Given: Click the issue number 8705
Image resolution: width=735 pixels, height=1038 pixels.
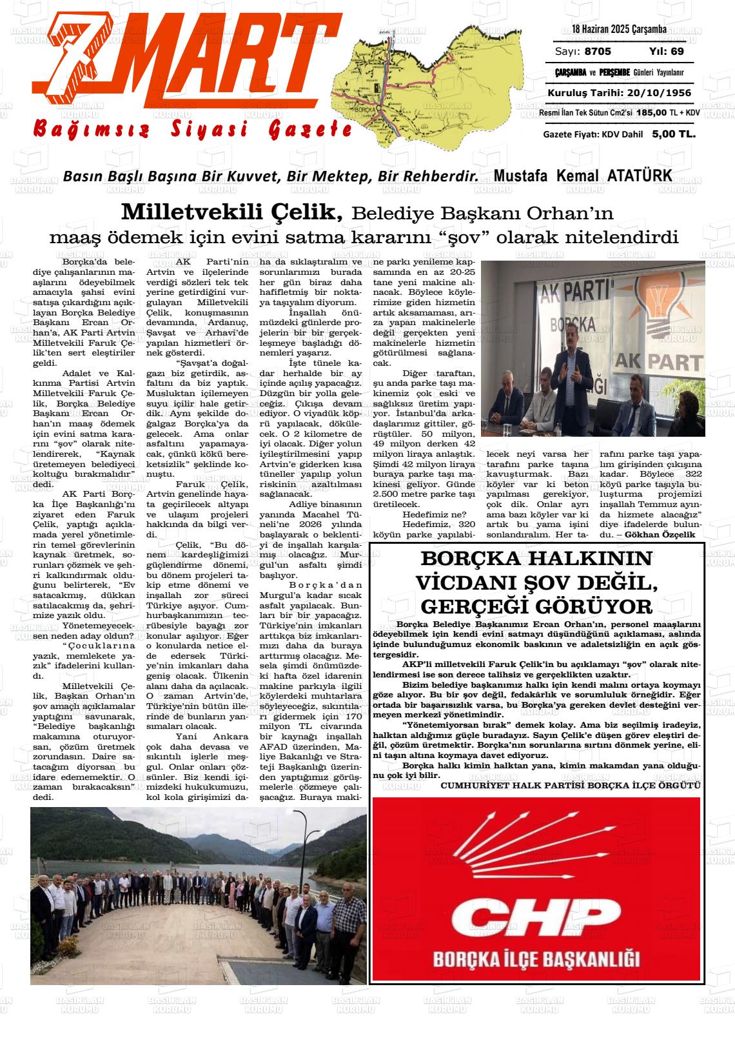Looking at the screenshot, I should (598, 52).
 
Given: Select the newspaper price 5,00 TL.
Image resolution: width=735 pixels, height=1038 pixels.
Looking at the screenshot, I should (673, 134).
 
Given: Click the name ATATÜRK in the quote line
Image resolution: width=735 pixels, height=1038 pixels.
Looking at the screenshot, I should (639, 175).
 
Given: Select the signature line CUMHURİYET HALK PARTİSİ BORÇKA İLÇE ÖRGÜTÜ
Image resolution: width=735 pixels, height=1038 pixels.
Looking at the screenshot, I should (570, 785).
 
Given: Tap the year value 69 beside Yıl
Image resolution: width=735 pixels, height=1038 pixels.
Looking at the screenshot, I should (677, 52).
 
